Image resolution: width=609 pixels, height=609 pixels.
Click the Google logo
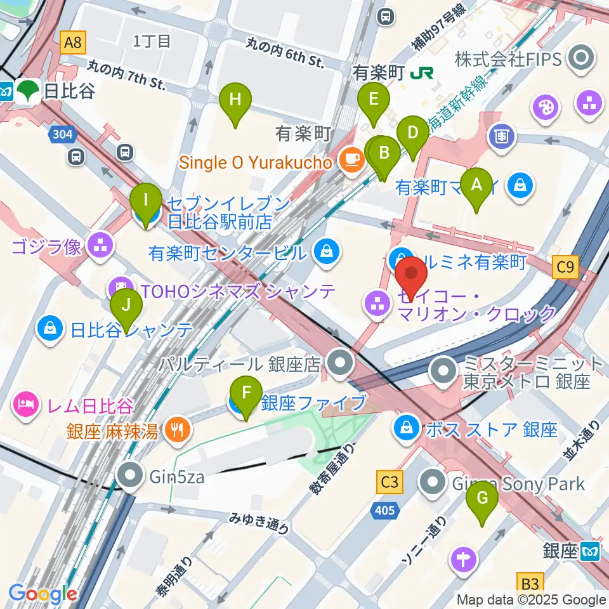(x=43, y=594)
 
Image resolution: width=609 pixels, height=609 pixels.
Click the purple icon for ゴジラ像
(x=100, y=246)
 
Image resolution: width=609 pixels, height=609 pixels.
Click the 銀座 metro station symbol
(x=592, y=551)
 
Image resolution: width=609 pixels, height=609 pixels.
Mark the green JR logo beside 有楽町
(x=418, y=74)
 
